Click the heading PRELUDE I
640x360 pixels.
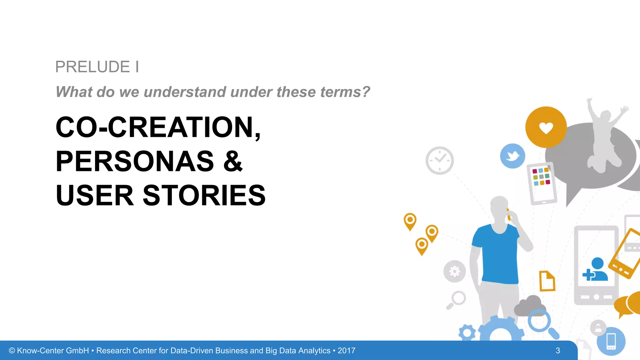[97, 67]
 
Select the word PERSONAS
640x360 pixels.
[135, 162]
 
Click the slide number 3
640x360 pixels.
[557, 351]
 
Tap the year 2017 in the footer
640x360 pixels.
[346, 351]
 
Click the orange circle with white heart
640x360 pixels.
[546, 127]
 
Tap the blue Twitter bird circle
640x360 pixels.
[512, 156]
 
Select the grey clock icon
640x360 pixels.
[439, 160]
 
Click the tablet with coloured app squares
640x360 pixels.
[542, 184]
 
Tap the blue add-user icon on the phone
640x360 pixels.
[595, 270]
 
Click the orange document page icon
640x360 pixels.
[547, 281]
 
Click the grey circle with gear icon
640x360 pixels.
[454, 271]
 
